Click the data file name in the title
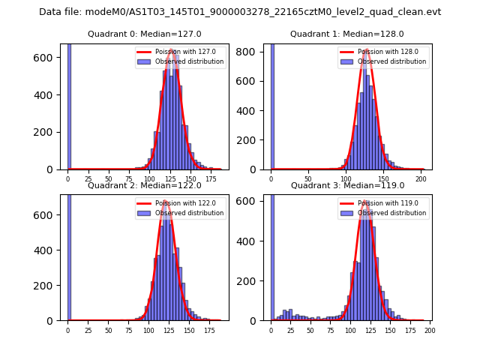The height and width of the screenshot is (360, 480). [x=240, y=12]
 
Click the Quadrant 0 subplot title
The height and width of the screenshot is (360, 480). [x=145, y=34]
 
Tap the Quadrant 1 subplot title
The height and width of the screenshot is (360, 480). [x=347, y=34]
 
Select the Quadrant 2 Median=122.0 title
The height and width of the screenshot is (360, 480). [x=145, y=185]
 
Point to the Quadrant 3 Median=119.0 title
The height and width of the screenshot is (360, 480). [x=347, y=185]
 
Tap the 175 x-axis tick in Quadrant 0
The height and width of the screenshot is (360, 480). [x=211, y=179]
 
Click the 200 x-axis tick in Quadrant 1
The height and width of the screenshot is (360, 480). [x=423, y=179]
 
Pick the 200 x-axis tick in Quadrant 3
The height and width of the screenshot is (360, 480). [x=429, y=330]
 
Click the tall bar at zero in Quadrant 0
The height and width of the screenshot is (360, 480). [x=69, y=105]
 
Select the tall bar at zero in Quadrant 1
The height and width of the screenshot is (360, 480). [x=272, y=105]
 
